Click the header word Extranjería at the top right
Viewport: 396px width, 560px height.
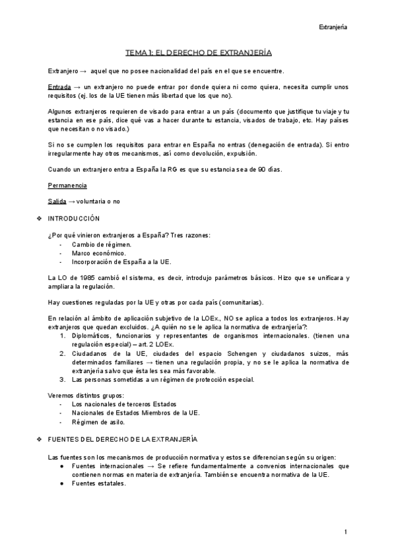333,27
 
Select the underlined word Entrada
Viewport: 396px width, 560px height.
59,87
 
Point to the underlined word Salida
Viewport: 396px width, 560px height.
57,201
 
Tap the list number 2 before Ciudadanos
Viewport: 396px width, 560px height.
62,353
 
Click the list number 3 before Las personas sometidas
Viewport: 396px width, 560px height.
62,379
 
